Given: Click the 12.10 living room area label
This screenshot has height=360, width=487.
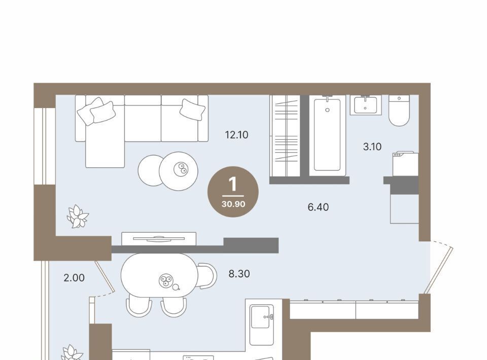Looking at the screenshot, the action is coord(237,135).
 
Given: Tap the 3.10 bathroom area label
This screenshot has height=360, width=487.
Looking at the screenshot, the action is coord(372,147).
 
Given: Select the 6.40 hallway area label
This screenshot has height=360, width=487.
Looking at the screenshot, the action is coord(318,207).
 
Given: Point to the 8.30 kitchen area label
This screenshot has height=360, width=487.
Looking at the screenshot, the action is coord(239,274).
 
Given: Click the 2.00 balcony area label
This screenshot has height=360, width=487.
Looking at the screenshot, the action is coord(74,278).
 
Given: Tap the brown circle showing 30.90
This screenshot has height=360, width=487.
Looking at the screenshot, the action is coord(233,192).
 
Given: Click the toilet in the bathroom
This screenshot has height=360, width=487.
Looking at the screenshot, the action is coord(399,111).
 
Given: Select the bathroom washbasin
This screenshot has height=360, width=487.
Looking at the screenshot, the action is coord(366,105).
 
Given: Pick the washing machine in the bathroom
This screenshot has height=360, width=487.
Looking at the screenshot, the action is coord(405,164).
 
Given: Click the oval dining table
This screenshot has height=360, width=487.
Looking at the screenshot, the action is coord(159,275).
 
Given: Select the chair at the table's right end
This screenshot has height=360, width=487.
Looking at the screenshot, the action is coord(207,276).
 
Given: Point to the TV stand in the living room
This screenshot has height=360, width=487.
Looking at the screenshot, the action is coord(159,238).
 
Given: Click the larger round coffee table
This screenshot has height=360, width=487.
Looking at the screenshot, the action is coord(179,171).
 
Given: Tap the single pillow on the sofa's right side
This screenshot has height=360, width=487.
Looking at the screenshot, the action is coord(193,109).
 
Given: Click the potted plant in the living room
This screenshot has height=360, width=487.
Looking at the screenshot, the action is coord(78,217).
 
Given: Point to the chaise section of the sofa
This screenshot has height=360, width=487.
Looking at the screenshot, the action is coord(105,146).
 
